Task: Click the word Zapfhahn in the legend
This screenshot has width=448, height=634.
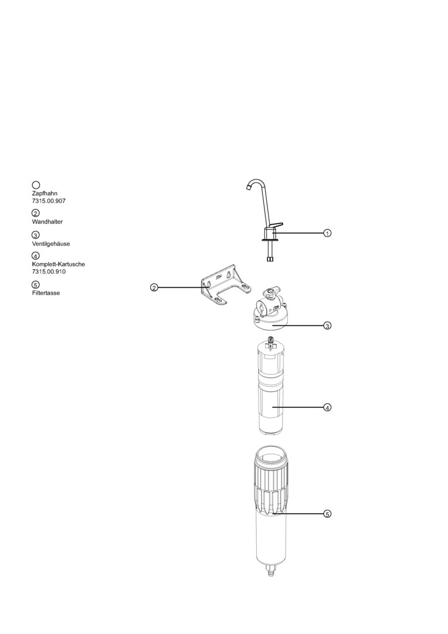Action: (45, 193)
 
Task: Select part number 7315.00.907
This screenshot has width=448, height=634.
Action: (49, 201)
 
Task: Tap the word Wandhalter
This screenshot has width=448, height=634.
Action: (47, 221)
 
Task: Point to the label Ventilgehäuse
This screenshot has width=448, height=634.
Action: (51, 244)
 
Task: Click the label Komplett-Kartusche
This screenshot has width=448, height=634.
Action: (59, 264)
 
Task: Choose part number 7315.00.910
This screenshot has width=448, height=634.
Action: (49, 271)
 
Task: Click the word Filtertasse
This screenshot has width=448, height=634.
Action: (46, 293)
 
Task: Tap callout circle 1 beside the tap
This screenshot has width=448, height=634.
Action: (328, 233)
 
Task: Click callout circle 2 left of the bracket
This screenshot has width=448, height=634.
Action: (154, 288)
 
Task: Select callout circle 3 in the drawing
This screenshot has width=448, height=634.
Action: (328, 325)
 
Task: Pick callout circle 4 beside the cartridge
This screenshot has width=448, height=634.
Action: (328, 407)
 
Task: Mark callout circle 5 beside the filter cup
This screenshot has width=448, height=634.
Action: (328, 514)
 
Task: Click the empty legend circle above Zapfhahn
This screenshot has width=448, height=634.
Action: (36, 186)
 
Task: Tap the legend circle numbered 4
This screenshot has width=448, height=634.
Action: (36, 256)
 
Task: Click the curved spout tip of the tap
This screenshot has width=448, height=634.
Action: (247, 187)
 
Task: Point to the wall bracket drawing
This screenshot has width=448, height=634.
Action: (226, 288)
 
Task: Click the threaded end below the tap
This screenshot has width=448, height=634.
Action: (270, 257)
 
